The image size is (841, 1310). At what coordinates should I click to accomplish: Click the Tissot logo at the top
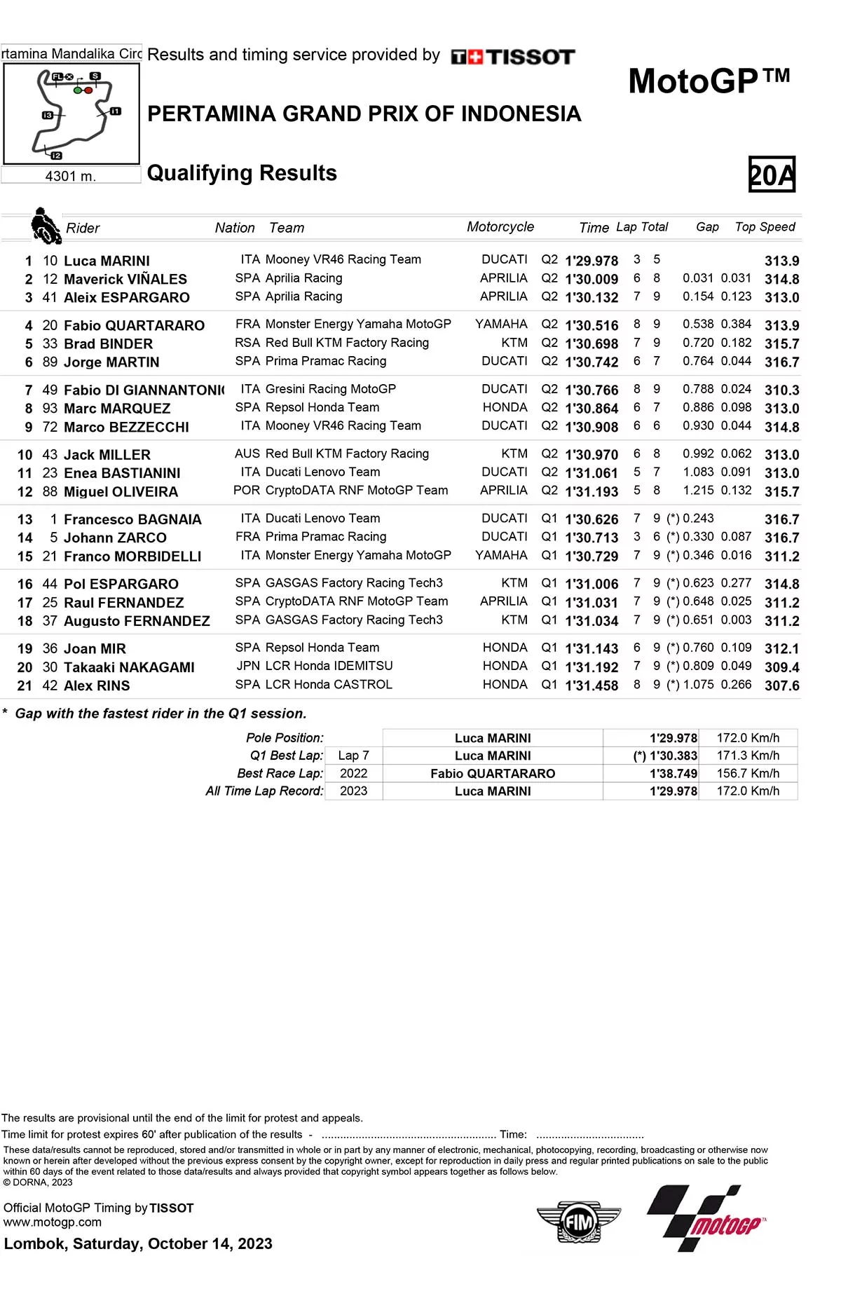click(x=513, y=57)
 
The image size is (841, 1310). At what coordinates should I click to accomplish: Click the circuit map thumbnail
click(x=71, y=114)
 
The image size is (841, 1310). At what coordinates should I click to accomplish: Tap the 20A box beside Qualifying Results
click(x=772, y=175)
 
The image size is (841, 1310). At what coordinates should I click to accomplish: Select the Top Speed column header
click(x=765, y=227)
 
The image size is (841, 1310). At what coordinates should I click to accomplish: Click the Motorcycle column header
click(x=500, y=227)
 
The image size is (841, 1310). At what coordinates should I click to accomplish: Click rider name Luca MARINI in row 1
click(x=107, y=261)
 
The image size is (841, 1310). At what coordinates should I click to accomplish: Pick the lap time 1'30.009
click(x=592, y=279)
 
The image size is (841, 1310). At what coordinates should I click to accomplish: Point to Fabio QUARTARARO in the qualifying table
click(x=134, y=325)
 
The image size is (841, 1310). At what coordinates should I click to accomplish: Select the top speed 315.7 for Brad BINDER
click(x=781, y=343)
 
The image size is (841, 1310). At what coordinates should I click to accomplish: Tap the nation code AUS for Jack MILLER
click(x=247, y=454)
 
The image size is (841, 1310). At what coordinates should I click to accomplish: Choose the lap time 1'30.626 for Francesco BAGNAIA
click(x=592, y=519)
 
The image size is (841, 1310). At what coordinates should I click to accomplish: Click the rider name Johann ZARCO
click(x=115, y=538)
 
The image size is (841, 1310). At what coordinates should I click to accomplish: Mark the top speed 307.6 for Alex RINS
click(x=781, y=685)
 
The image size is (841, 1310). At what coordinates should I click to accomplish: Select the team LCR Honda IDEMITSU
click(x=329, y=666)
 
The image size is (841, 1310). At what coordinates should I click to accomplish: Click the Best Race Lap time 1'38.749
click(x=673, y=773)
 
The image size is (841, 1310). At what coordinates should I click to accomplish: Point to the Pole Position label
click(x=285, y=738)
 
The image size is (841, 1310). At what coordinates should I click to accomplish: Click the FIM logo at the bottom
click(x=579, y=1222)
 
